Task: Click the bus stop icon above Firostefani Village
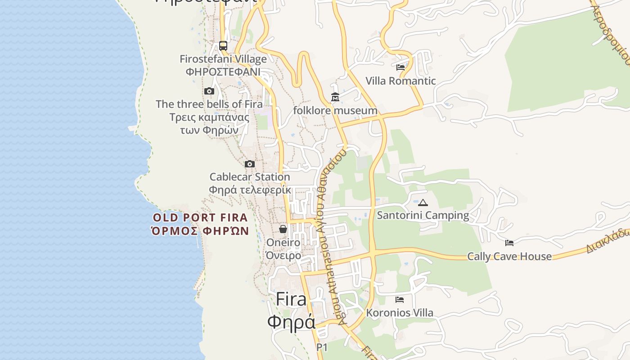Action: tap(223, 45)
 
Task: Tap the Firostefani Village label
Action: tap(223, 59)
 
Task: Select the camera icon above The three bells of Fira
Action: tap(209, 91)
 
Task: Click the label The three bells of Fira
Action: tap(209, 104)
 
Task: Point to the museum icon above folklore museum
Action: tap(335, 97)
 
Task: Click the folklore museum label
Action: tap(335, 110)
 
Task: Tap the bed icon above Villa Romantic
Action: tap(400, 67)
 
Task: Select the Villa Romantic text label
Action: tap(400, 81)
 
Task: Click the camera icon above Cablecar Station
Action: tap(250, 164)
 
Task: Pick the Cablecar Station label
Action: tap(250, 177)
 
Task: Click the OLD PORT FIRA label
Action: tap(200, 218)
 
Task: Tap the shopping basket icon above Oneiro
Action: tap(283, 229)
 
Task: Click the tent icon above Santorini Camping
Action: tap(423, 202)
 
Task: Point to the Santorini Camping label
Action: tap(423, 215)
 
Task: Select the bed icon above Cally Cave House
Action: tap(509, 243)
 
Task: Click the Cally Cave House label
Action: tap(509, 256)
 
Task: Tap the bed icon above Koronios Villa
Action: tap(400, 300)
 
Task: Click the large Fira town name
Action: tap(291, 299)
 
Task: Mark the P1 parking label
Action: tap(322, 347)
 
